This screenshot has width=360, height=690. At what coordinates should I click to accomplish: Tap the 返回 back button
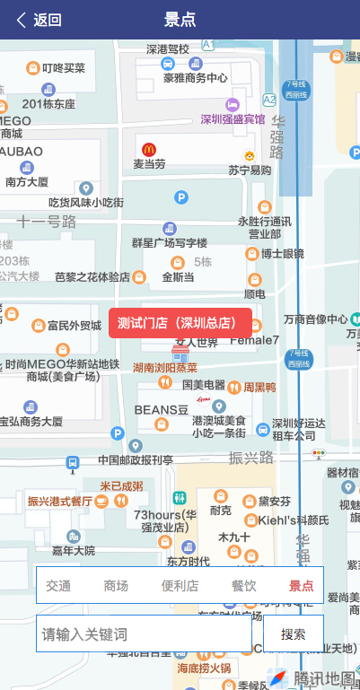[39, 20]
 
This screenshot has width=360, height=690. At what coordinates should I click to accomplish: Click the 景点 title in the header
[180, 20]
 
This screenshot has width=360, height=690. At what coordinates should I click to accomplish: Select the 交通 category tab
[58, 586]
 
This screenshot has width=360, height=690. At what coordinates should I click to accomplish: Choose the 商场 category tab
[116, 586]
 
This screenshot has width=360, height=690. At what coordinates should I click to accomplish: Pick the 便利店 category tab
[180, 586]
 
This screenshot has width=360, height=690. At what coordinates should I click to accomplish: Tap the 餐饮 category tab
[243, 586]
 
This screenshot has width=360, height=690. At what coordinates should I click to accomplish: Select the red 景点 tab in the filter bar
[301, 586]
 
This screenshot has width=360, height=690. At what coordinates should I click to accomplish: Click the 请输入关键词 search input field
[144, 634]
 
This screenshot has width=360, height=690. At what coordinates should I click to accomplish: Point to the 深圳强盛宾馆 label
[233, 118]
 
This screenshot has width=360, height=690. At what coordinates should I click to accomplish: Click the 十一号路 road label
[47, 221]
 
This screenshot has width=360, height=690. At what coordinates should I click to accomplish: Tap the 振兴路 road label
[251, 458]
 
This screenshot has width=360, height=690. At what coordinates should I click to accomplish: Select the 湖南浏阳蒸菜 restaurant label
[165, 367]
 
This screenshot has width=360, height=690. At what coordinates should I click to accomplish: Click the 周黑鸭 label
[259, 387]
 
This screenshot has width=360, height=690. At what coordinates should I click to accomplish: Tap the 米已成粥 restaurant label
[120, 486]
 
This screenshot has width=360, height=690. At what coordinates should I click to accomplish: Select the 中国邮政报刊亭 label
[136, 460]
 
